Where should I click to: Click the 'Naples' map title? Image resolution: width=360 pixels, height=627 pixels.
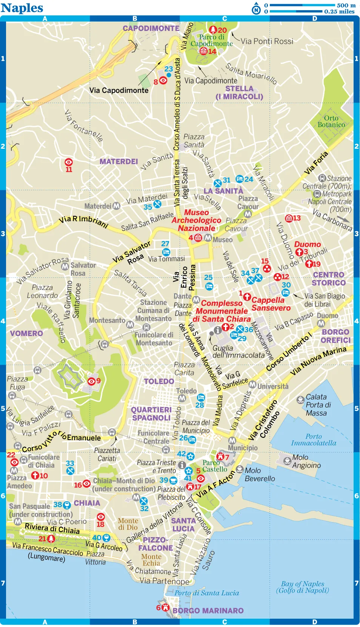click(22, 8)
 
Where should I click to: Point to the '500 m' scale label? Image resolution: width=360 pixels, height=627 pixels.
click(346, 5)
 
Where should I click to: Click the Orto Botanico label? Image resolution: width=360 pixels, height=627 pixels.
click(331, 122)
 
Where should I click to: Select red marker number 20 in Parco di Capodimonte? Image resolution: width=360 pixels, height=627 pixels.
click(218, 30)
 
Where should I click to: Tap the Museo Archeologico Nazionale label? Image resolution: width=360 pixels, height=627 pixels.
click(197, 220)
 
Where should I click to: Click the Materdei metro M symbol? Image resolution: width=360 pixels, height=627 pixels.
click(117, 206)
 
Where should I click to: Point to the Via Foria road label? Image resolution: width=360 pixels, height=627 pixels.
click(316, 163)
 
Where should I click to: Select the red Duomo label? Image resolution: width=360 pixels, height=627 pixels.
click(308, 244)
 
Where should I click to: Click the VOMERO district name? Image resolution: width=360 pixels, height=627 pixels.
click(26, 333)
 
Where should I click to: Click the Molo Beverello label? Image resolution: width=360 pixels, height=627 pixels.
click(260, 474)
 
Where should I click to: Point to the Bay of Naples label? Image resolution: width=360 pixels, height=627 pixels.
click(302, 587)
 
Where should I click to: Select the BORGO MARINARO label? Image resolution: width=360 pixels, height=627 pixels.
click(208, 610)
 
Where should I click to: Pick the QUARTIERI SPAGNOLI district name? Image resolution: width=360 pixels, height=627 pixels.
click(151, 414)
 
